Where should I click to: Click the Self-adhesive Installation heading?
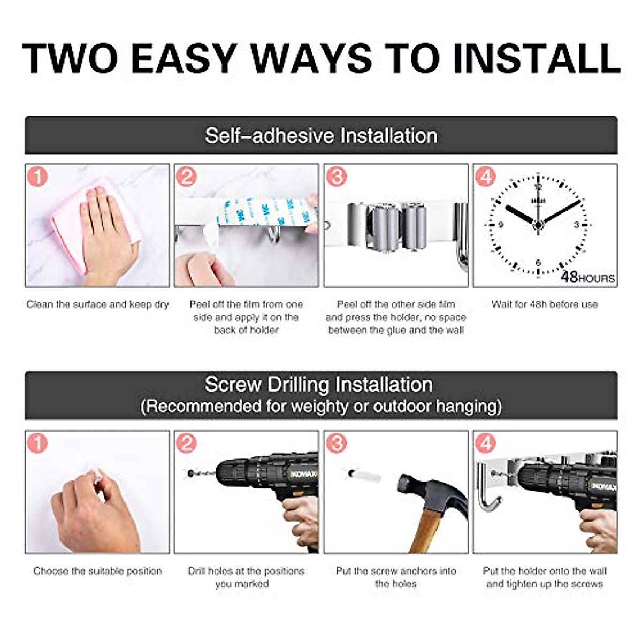(321, 135)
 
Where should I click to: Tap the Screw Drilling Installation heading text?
(319, 385)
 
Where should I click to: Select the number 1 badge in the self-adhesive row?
(37, 176)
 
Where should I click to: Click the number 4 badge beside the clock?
(485, 176)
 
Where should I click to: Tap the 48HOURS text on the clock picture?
(587, 277)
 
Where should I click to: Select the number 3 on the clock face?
(577, 224)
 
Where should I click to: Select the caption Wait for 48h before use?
(544, 304)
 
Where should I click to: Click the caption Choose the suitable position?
(97, 571)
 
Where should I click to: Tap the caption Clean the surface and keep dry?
(97, 304)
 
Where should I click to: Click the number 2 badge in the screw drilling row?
(186, 443)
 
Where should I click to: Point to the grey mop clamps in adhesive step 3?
(399, 225)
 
